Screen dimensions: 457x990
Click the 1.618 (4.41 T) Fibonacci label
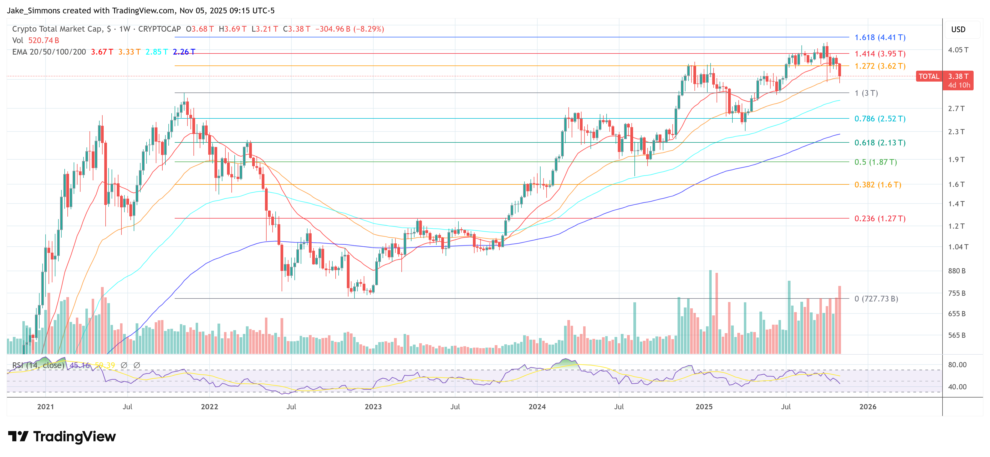coord(880,37)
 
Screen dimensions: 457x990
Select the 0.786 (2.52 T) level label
coord(880,119)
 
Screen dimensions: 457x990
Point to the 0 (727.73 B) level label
coord(876,299)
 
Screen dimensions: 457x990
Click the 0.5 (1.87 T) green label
coord(875,162)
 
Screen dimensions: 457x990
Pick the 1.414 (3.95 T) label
coord(880,54)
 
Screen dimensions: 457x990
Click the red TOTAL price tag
coord(929,76)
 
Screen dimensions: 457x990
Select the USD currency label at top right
coord(958,29)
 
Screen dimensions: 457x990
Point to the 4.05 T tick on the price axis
coord(958,50)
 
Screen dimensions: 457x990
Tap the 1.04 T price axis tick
coord(958,247)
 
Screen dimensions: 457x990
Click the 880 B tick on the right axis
coord(956,271)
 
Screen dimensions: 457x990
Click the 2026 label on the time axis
coord(868,407)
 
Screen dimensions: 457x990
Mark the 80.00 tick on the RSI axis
coord(957,365)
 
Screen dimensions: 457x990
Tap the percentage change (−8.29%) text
coord(369,29)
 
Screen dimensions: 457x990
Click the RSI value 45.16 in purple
coord(80,365)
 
